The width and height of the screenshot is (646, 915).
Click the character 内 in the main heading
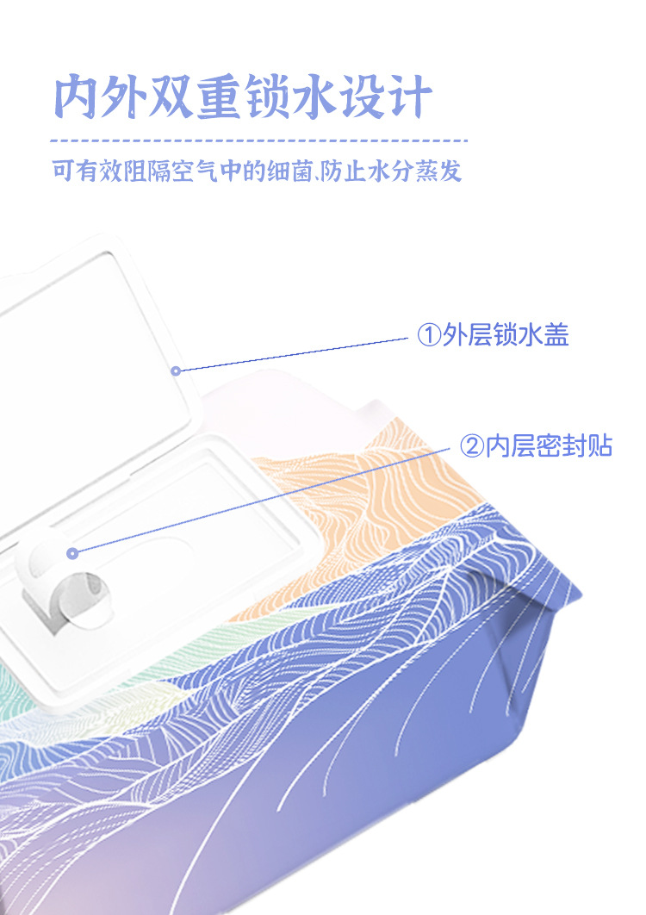click(x=78, y=98)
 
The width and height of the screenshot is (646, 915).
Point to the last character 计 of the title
click(x=408, y=98)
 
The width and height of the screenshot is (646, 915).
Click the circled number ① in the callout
click(x=428, y=335)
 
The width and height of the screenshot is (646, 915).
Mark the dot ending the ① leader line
click(x=176, y=370)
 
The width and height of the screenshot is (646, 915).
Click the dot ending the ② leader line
click(x=72, y=553)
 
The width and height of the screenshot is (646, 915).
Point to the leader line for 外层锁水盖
click(x=293, y=354)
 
